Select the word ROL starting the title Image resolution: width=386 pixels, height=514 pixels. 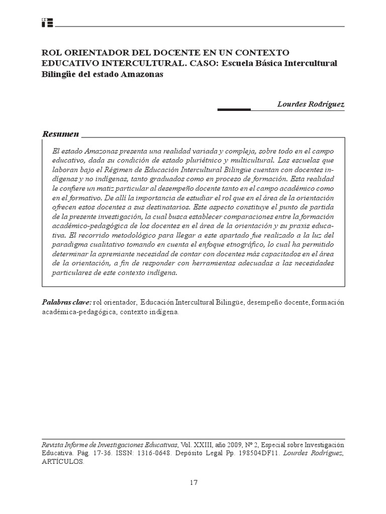(50, 53)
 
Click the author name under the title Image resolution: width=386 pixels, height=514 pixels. (311, 104)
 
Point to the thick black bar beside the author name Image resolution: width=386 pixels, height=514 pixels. (233, 109)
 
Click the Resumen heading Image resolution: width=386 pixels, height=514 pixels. (60, 134)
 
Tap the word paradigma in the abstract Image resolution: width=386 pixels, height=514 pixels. (69, 244)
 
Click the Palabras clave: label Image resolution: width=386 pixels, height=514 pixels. (66, 302)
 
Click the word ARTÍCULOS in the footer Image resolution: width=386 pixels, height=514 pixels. (63, 463)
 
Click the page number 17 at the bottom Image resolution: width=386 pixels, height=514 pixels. (194, 483)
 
